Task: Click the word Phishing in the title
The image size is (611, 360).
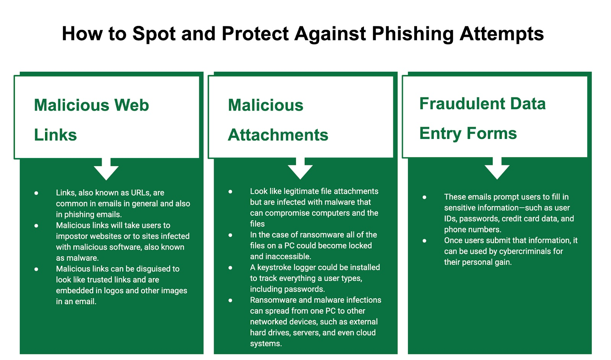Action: point(413,34)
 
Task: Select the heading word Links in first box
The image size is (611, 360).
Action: point(55,135)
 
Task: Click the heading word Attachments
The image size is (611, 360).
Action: point(278,135)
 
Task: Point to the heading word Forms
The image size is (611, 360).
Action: point(491,133)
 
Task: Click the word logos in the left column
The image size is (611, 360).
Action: point(113,291)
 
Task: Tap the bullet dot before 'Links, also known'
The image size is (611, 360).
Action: point(36,193)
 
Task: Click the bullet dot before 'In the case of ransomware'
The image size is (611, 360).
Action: point(230,235)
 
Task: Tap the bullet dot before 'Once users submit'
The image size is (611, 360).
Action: point(424,241)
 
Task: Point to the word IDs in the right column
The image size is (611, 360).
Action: point(450,219)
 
